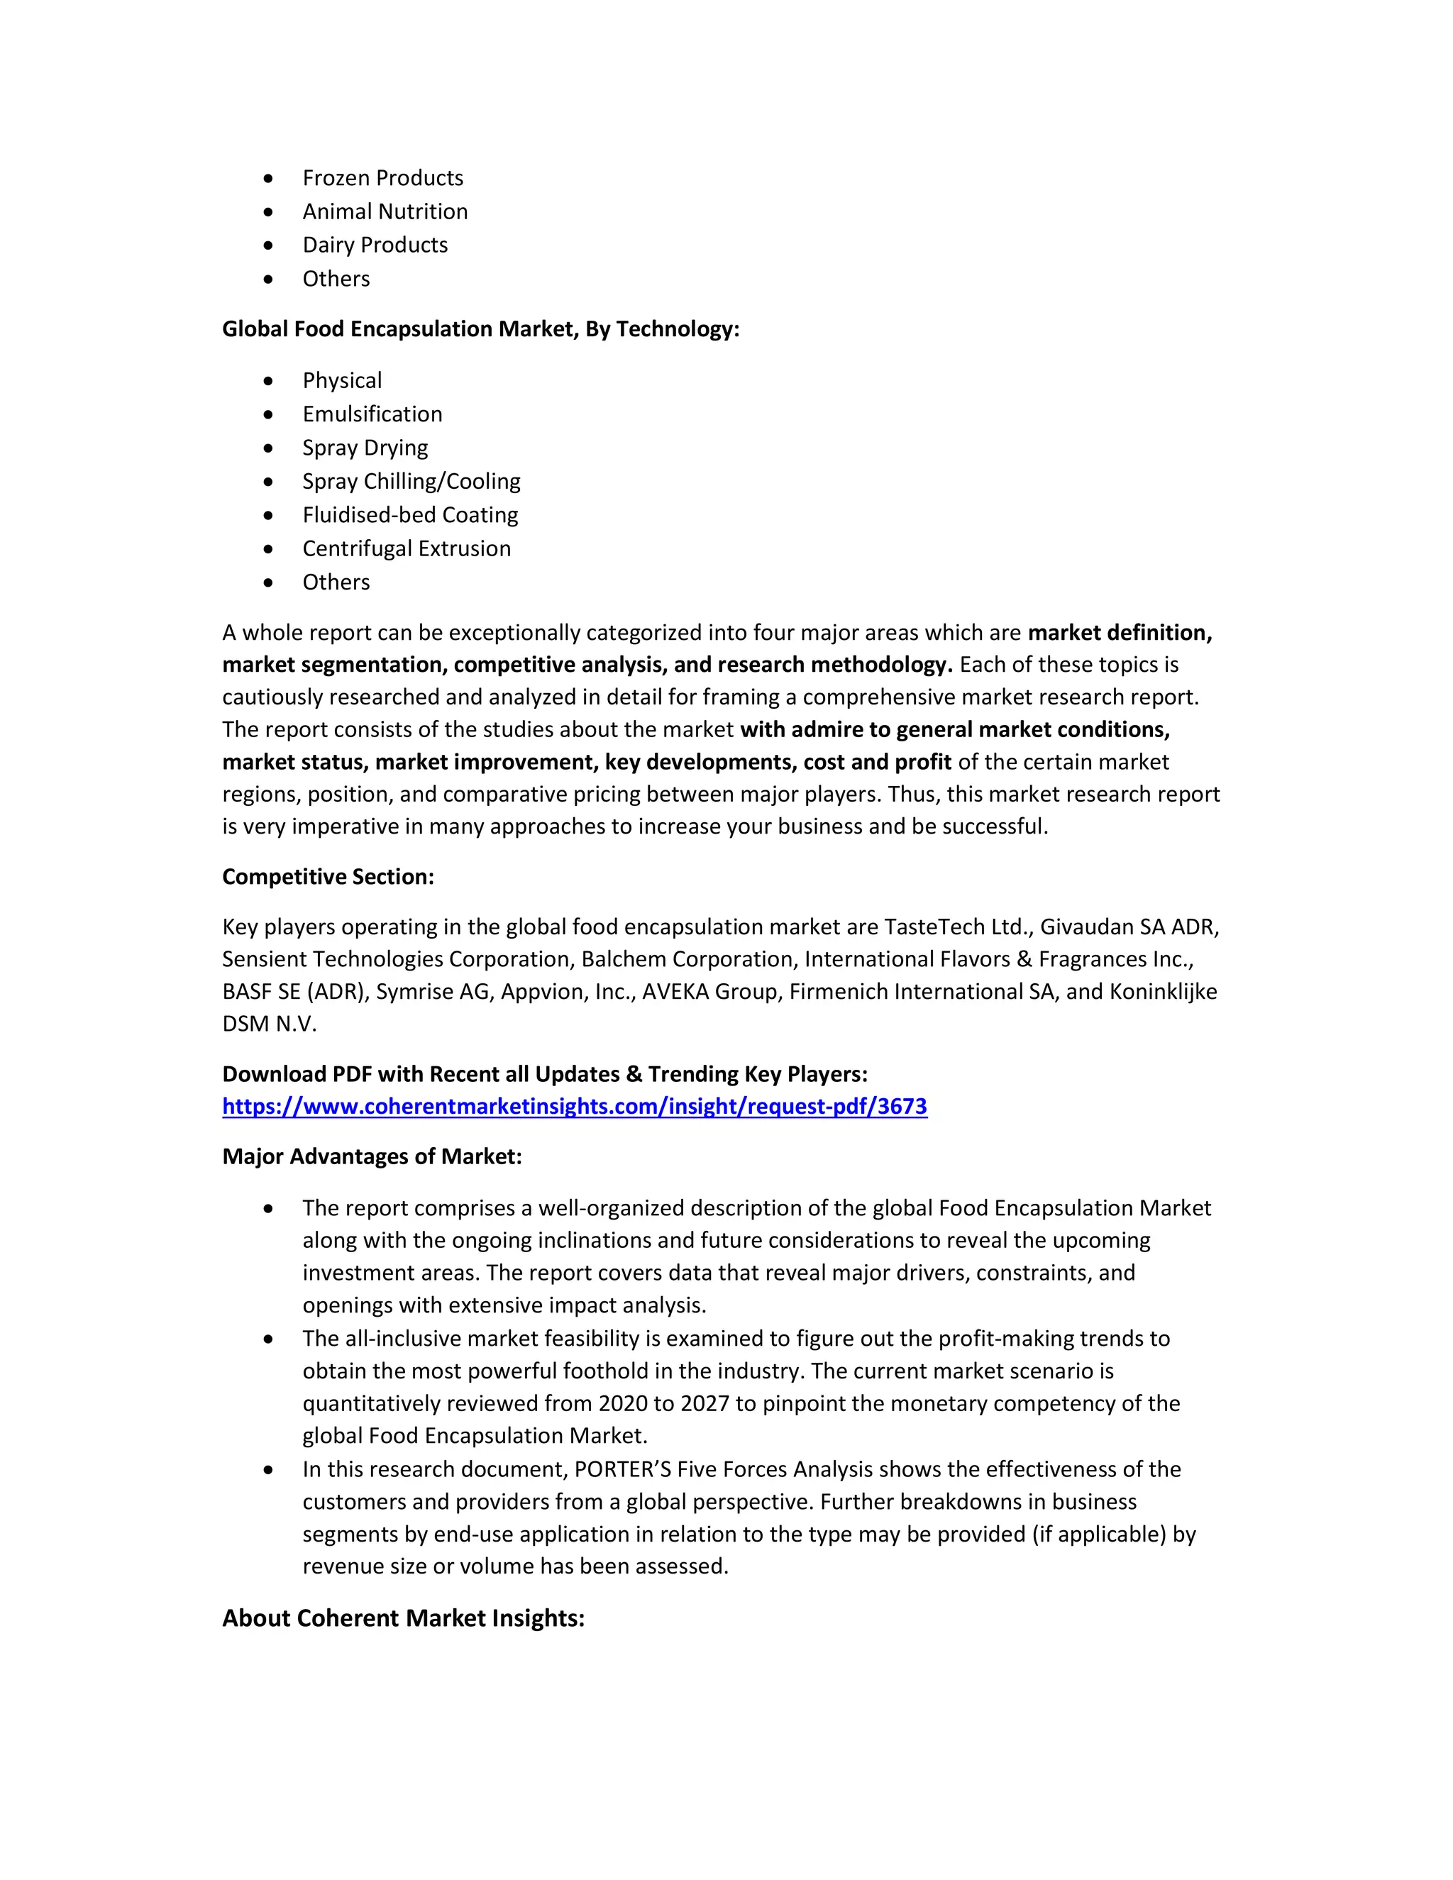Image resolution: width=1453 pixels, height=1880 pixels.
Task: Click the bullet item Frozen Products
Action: pyautogui.click(x=382, y=178)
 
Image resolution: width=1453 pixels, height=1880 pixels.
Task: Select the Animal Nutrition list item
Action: pyautogui.click(x=385, y=211)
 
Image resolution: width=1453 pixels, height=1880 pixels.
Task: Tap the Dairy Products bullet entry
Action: pyautogui.click(x=375, y=245)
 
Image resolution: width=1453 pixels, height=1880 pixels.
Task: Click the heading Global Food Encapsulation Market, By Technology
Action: pyautogui.click(x=480, y=329)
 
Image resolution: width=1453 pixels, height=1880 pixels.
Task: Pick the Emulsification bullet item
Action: pyautogui.click(x=372, y=414)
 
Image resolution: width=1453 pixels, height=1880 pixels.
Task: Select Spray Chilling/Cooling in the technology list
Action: pyautogui.click(x=411, y=481)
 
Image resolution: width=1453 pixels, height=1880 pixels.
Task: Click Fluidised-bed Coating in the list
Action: pyautogui.click(x=410, y=515)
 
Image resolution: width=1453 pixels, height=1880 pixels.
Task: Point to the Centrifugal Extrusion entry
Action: pyautogui.click(x=407, y=548)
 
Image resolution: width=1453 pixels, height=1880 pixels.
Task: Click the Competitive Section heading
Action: pyautogui.click(x=328, y=876)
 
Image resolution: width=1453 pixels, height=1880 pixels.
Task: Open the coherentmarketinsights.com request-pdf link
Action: pyautogui.click(x=574, y=1106)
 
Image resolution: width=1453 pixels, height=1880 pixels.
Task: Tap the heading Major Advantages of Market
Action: pyautogui.click(x=372, y=1156)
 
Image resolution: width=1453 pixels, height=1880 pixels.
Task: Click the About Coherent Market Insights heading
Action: pyautogui.click(x=403, y=1618)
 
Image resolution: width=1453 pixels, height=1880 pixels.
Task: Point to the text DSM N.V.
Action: pyautogui.click(x=269, y=1024)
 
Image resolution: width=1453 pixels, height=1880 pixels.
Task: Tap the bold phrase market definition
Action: pyautogui.click(x=1119, y=633)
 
